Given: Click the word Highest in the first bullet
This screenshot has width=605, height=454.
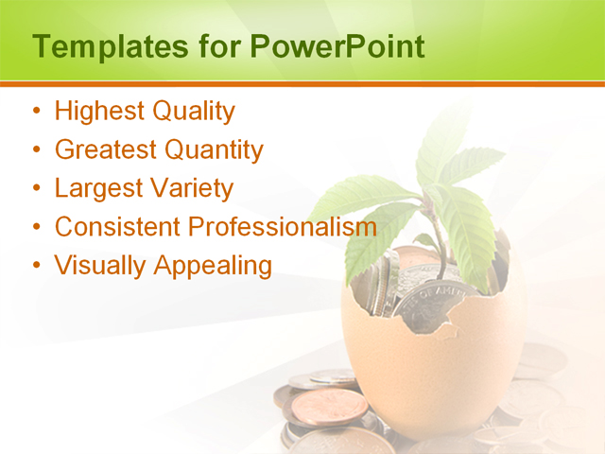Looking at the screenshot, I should tap(97, 112).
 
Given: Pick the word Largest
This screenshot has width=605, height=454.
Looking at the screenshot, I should tap(98, 188).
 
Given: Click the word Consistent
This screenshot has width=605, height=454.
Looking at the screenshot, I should tap(116, 227).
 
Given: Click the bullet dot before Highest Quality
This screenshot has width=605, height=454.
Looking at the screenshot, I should tap(36, 113).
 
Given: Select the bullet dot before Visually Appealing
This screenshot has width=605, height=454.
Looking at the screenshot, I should tap(36, 267).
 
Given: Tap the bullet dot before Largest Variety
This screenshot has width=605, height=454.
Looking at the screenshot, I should tap(36, 189).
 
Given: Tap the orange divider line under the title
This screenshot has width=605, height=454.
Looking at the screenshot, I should tap(302, 84).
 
